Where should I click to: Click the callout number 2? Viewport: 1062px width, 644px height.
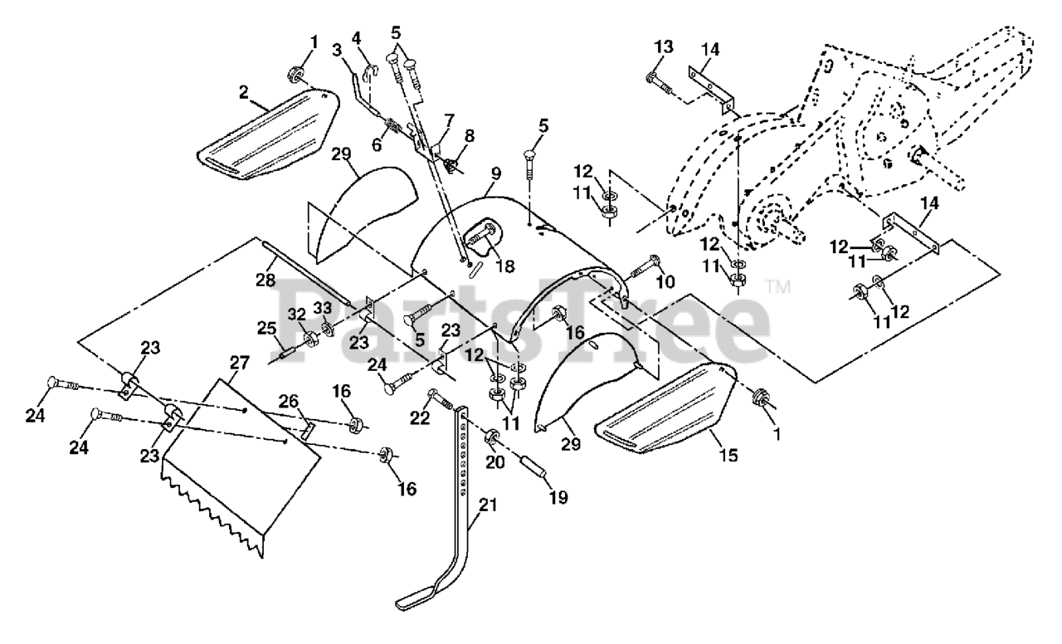pyautogui.click(x=245, y=93)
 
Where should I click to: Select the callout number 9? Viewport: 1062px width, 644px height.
pyautogui.click(x=495, y=175)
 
